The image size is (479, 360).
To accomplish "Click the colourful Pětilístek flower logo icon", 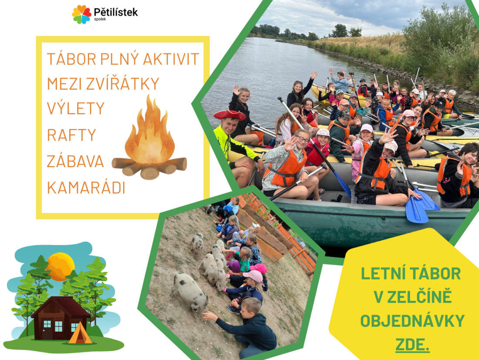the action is tap(81, 14).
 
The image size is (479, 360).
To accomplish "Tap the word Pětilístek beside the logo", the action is tap(116, 12).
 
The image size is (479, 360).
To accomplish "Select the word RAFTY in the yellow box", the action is tap(71, 135).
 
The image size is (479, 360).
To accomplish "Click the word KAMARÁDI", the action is tap(86, 188).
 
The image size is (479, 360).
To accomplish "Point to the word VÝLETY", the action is tap(76, 108).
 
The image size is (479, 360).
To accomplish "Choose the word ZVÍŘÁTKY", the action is tap(122, 83).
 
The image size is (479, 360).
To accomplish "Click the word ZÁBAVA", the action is tap(75, 161).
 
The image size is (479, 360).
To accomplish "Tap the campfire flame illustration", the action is tap(150, 131).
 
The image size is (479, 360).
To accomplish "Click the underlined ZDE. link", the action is tap(412, 345).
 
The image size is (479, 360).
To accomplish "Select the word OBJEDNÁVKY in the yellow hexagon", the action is tap(412, 321).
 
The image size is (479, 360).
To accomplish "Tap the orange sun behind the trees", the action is tap(61, 266).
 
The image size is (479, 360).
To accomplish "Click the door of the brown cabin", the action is tap(47, 330).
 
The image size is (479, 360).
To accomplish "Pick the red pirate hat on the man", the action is tap(229, 115).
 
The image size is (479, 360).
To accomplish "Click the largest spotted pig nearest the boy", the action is tap(190, 293).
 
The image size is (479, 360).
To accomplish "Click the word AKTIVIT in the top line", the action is tap(171, 59).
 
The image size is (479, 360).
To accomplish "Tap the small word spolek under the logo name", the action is tap(100, 19).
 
